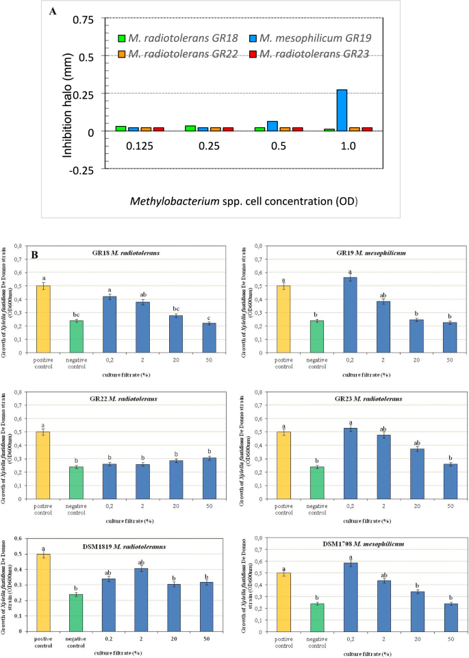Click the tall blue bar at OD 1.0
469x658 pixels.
(342, 110)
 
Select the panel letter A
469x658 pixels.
(53, 12)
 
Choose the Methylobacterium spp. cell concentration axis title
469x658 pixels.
(244, 201)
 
